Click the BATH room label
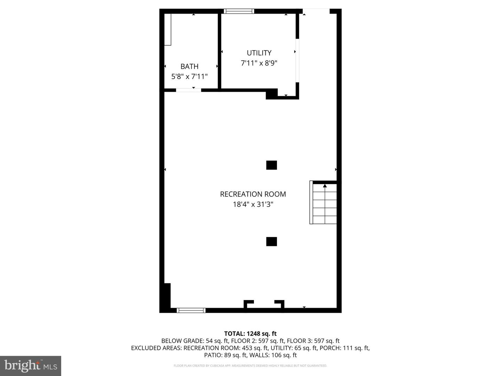189,66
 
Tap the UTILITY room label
259,53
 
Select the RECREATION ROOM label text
253,194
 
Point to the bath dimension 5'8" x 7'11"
189,76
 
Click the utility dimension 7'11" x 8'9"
259,63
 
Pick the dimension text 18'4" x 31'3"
253,204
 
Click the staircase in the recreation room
323,202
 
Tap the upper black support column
272,165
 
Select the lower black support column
272,242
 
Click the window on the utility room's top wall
239,11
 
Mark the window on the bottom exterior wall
191,310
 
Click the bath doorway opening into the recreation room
189,90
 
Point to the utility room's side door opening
297,61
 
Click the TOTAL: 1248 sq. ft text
250,334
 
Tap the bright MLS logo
31,366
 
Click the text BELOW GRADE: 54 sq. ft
195,341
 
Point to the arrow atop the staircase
325,186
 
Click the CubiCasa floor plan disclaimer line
250,366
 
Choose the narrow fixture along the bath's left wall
168,30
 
